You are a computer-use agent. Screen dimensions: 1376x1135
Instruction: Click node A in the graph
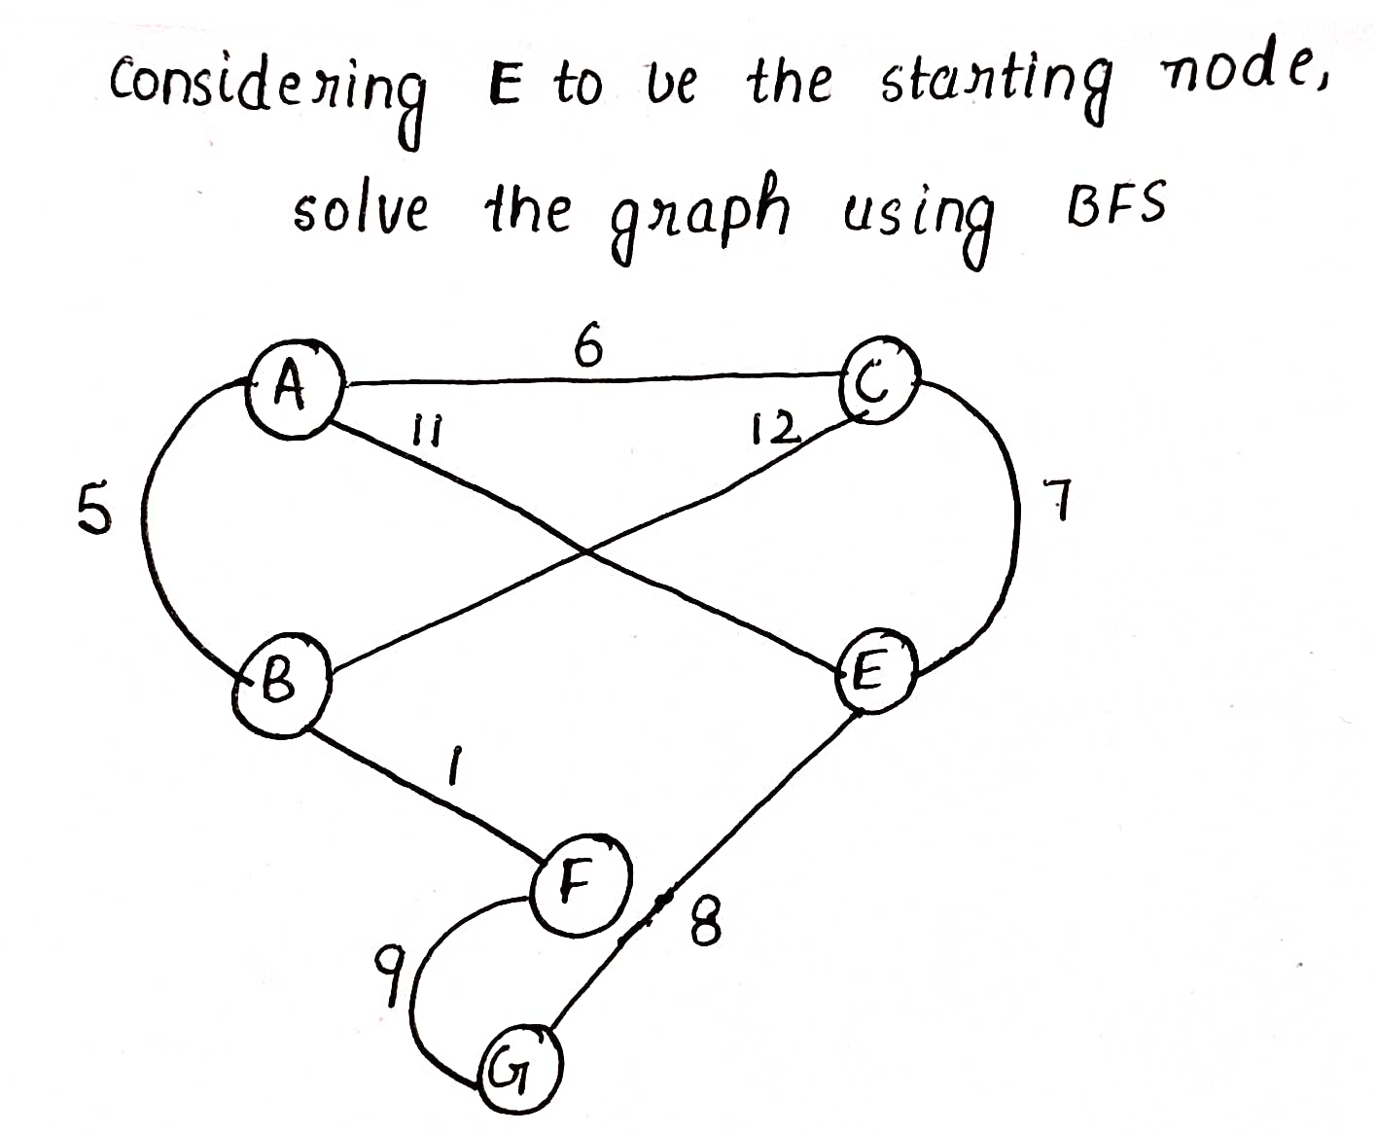coord(296,390)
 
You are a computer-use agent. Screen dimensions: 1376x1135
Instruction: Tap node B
coord(281,686)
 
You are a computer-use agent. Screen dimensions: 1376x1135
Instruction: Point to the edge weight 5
coord(94,507)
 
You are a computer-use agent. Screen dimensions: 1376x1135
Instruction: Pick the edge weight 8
coord(706,921)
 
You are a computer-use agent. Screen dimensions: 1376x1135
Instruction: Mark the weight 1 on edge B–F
coord(455,766)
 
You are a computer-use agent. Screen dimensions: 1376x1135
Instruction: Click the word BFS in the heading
coord(1116,203)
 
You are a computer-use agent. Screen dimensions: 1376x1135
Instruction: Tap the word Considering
coord(266,95)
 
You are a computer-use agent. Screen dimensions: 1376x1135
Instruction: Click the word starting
coord(998,89)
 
